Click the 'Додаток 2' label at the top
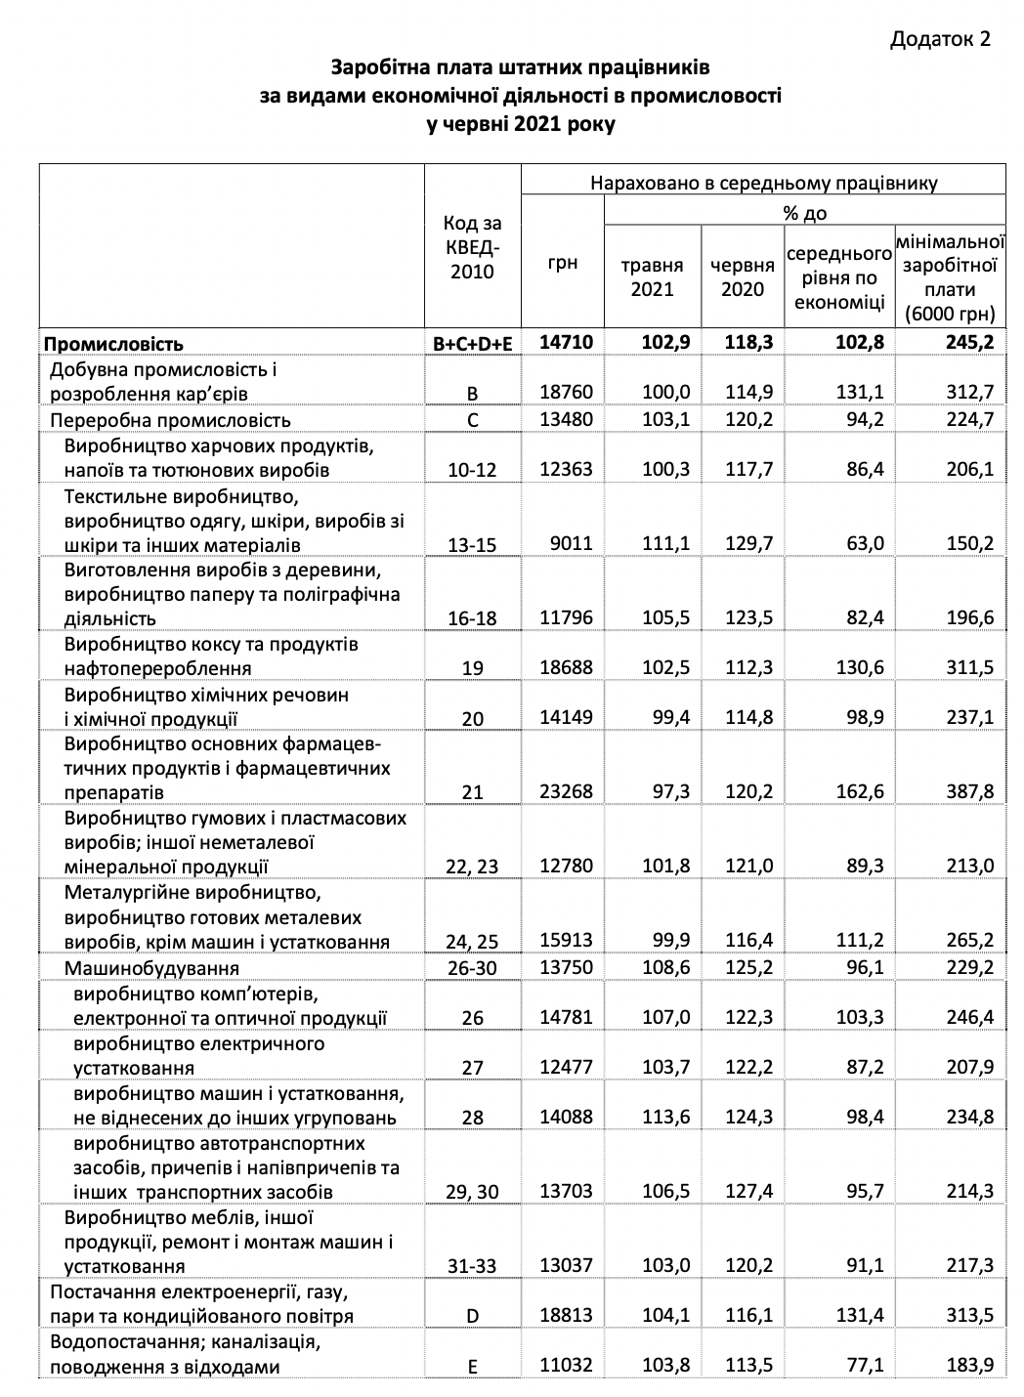[941, 38]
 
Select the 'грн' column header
[563, 263]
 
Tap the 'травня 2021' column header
[653, 276]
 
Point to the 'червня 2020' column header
[742, 276]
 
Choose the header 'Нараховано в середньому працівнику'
[763, 182]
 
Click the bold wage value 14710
[566, 343]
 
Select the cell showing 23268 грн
[566, 791]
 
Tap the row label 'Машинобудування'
[151, 968]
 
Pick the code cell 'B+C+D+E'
[472, 344]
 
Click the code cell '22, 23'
[472, 867]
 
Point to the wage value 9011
[573, 543]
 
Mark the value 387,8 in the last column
[969, 791]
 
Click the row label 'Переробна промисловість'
[170, 420]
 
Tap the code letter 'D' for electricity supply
[472, 1316]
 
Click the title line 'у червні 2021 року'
[521, 125]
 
